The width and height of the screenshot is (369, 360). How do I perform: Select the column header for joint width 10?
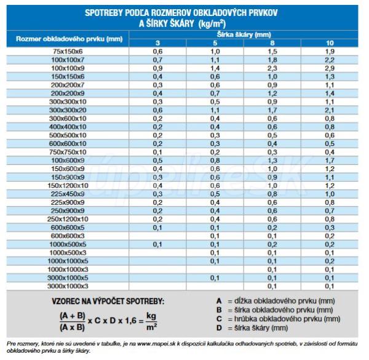330,43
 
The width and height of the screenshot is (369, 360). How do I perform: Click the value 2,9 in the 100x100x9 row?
330,68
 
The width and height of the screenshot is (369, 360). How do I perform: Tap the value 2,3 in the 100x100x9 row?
272,68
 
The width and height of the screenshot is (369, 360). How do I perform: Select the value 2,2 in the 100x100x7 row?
330,60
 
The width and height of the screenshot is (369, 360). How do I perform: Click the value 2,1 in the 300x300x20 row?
330,110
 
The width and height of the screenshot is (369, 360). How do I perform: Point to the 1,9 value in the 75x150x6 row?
330,51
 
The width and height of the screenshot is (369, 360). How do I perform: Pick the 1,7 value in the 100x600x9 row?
330,160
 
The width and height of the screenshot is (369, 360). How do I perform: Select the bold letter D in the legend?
218,328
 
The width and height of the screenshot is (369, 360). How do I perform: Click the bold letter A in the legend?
218,300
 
